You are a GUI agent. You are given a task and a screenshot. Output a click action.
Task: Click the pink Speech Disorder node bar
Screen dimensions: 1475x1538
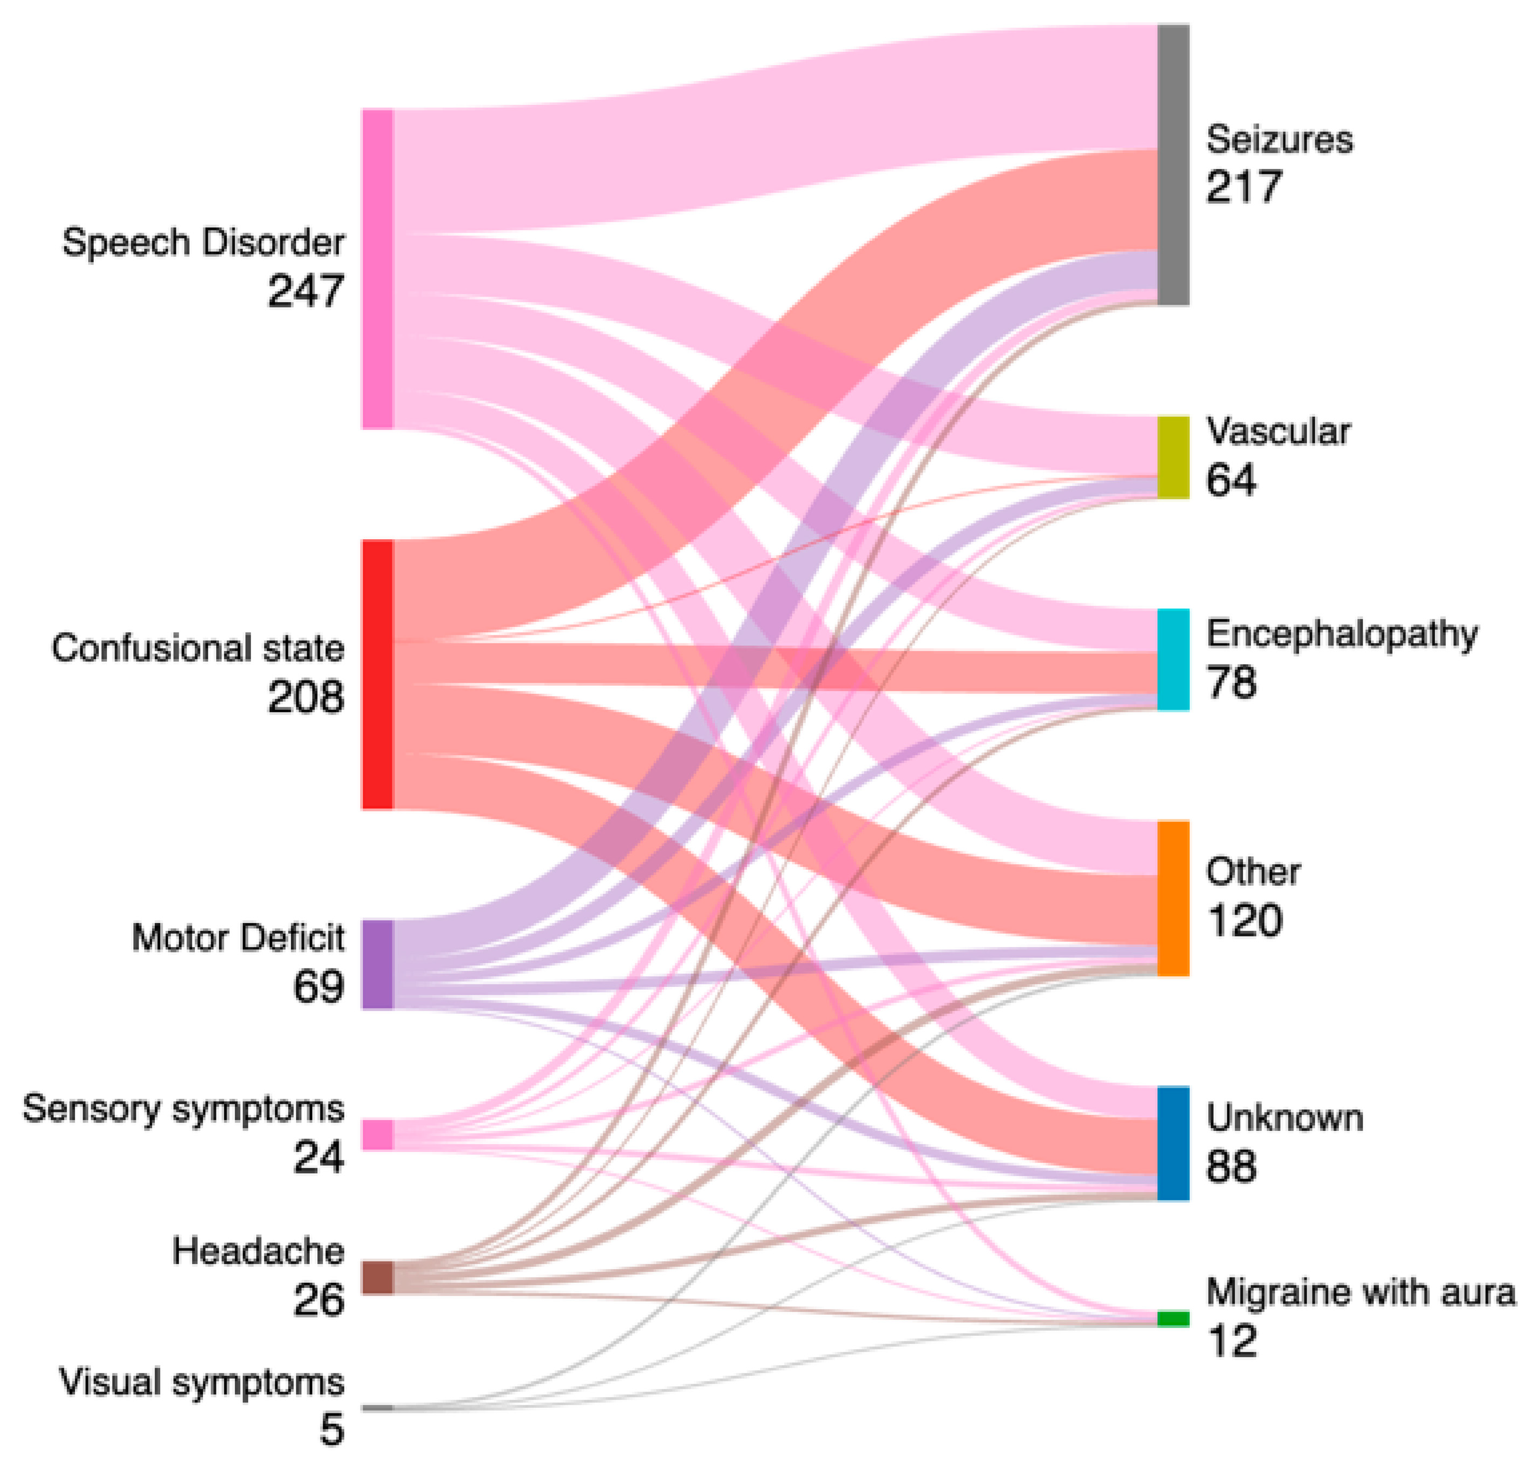pyautogui.click(x=377, y=268)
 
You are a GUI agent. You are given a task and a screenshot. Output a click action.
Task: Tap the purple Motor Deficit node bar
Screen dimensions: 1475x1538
pyautogui.click(x=377, y=964)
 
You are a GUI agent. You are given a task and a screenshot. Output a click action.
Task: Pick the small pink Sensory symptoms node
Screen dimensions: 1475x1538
pyautogui.click(x=377, y=1135)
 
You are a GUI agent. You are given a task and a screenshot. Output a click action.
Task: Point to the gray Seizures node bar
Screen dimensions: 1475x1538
pyautogui.click(x=1173, y=165)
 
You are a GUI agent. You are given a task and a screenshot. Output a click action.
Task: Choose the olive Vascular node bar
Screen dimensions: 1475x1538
pyautogui.click(x=1173, y=457)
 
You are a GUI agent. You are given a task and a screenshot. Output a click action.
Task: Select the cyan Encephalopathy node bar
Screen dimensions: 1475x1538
pyautogui.click(x=1173, y=659)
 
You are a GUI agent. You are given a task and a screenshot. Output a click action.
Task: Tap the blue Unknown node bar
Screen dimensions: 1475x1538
pyautogui.click(x=1173, y=1143)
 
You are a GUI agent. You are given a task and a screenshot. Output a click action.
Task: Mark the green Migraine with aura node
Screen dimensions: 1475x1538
pyautogui.click(x=1173, y=1319)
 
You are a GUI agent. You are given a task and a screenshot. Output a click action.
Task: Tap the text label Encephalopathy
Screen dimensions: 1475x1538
pyautogui.click(x=1342, y=633)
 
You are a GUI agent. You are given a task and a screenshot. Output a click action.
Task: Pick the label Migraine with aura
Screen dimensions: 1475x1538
pyautogui.click(x=1360, y=1292)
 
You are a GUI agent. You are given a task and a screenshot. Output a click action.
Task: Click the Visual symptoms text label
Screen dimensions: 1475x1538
pyautogui.click(x=202, y=1381)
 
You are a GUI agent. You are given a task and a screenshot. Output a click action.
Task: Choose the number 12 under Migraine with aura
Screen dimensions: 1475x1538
pyautogui.click(x=1232, y=1341)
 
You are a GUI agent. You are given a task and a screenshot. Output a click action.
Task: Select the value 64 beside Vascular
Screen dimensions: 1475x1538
pyautogui.click(x=1231, y=479)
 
